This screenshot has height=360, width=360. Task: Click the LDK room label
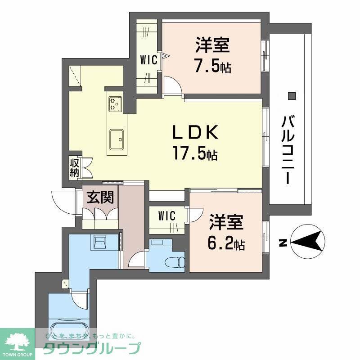[196, 133]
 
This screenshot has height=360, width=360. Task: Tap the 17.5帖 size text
[194, 154]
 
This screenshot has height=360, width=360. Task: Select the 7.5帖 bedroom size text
[212, 67]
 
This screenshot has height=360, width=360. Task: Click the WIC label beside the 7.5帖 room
[148, 60]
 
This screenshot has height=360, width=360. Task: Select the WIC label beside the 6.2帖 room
[166, 216]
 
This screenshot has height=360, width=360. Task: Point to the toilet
[175, 261]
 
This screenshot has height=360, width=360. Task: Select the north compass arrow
[308, 242]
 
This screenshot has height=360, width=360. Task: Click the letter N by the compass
[282, 243]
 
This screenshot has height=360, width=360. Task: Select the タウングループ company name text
[92, 349]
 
